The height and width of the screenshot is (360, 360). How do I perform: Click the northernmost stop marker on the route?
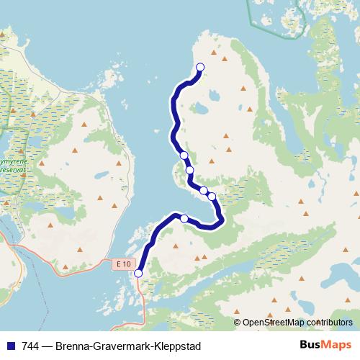(200, 67)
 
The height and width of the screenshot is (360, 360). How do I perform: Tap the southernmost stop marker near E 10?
(138, 273)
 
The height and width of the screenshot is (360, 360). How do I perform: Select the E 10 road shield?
(123, 264)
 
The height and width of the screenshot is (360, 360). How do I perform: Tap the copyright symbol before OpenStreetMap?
(238, 323)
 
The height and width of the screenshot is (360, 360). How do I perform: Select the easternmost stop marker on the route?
(212, 196)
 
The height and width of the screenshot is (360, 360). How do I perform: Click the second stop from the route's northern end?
(184, 155)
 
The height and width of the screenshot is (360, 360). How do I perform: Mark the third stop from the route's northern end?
(190, 170)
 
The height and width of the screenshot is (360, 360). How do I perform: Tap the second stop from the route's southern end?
(184, 218)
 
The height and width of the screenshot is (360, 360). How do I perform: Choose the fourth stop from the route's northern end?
(204, 190)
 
